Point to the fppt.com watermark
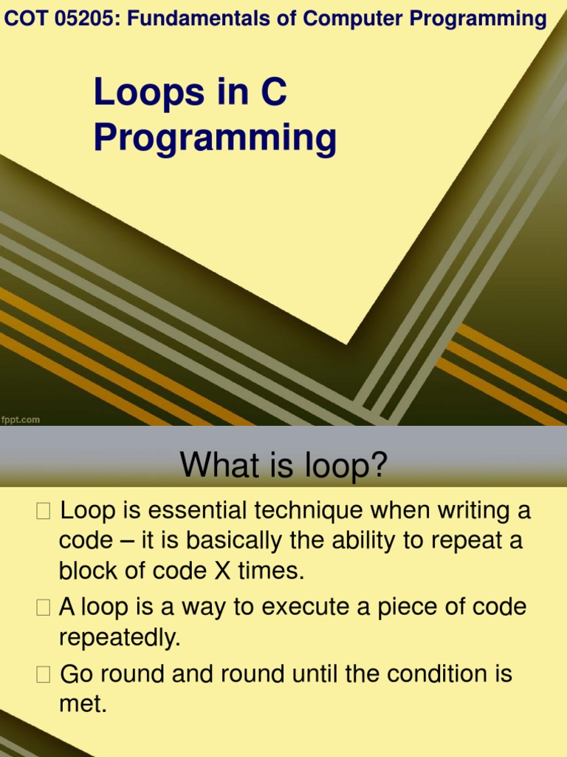click(21, 420)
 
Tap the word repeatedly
click(120, 638)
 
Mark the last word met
click(83, 705)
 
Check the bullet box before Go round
click(44, 675)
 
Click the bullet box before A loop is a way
click(44, 608)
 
